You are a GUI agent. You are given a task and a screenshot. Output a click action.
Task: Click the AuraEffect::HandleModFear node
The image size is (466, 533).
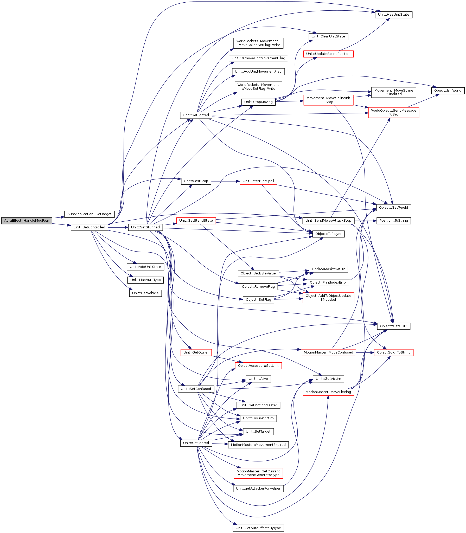27,221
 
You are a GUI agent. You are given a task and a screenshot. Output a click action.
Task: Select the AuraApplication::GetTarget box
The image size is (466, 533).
89,214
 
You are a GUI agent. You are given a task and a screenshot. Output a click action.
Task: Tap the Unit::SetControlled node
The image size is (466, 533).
89,227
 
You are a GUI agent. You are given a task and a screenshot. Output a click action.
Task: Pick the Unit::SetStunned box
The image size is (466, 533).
145,227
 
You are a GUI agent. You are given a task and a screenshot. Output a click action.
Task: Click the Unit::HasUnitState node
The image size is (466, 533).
393,15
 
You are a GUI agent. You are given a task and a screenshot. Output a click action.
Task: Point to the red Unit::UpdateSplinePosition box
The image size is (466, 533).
328,54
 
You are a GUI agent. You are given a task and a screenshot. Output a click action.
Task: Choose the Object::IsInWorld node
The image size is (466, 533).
448,91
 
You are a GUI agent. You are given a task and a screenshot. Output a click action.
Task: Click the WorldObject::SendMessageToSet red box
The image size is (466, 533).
393,112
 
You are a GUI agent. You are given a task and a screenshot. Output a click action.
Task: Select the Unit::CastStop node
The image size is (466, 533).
196,181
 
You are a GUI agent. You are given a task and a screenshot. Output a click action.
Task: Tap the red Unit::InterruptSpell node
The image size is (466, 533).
258,181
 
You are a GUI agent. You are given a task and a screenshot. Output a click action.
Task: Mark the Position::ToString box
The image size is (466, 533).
393,221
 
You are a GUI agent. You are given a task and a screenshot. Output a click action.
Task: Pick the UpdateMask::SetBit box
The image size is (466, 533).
328,269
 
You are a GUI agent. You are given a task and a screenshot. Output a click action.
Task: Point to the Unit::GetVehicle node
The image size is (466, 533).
145,293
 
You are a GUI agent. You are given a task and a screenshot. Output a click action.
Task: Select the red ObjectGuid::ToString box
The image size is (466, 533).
393,352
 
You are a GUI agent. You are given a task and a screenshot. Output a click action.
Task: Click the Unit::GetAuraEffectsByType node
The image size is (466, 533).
258,528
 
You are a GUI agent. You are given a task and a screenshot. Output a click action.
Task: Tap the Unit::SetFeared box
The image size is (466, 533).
196,443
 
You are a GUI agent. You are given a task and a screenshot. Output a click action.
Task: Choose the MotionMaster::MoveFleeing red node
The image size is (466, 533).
328,392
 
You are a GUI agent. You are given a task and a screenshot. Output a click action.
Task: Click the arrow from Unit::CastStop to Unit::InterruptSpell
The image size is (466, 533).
225,181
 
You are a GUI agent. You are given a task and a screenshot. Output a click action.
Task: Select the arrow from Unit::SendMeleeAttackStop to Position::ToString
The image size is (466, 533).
366,221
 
